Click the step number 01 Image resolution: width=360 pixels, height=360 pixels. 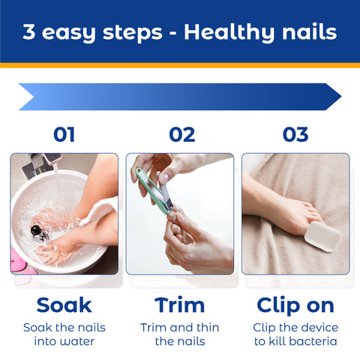coord(64,134)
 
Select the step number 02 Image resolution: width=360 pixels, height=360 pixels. coord(181,134)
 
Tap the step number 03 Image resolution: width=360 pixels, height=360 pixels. coord(295,134)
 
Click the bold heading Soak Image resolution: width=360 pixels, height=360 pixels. coord(64,305)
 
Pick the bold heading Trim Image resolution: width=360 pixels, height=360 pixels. coord(179,305)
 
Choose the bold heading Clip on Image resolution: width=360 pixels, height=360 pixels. coord(295,306)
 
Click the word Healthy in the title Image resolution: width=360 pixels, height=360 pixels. coord(229,33)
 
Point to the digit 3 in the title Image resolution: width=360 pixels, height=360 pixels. coord(28,31)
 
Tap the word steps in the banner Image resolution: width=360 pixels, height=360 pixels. coord(133,33)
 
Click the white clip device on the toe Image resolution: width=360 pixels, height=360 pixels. coord(322,236)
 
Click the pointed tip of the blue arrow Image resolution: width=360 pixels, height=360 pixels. coord(341,97)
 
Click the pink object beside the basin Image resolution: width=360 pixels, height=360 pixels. coord(17,260)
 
